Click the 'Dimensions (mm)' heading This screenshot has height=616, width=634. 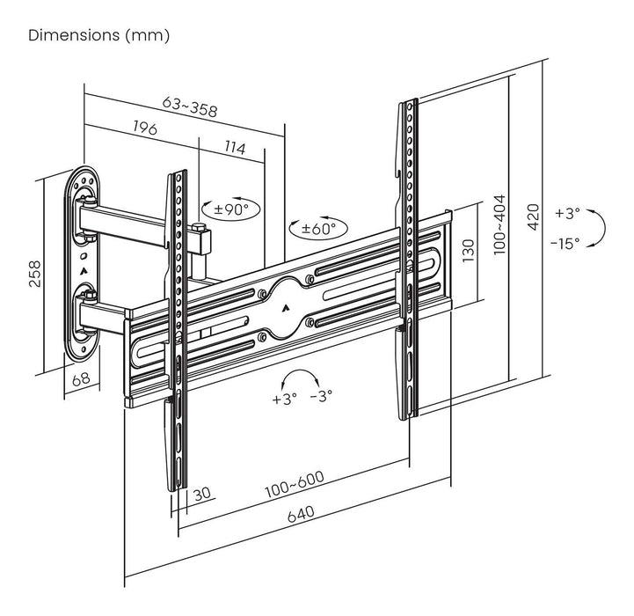click(99, 36)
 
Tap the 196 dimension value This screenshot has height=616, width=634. click(144, 128)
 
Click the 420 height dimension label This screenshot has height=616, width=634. click(531, 213)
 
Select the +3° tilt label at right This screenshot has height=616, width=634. click(568, 213)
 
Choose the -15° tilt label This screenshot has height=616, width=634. click(567, 243)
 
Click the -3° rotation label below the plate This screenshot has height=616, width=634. click(320, 397)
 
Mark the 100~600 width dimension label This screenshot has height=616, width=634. click(293, 483)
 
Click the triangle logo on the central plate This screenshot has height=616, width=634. click(287, 309)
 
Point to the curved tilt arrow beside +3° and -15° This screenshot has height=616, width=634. click(596, 228)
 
